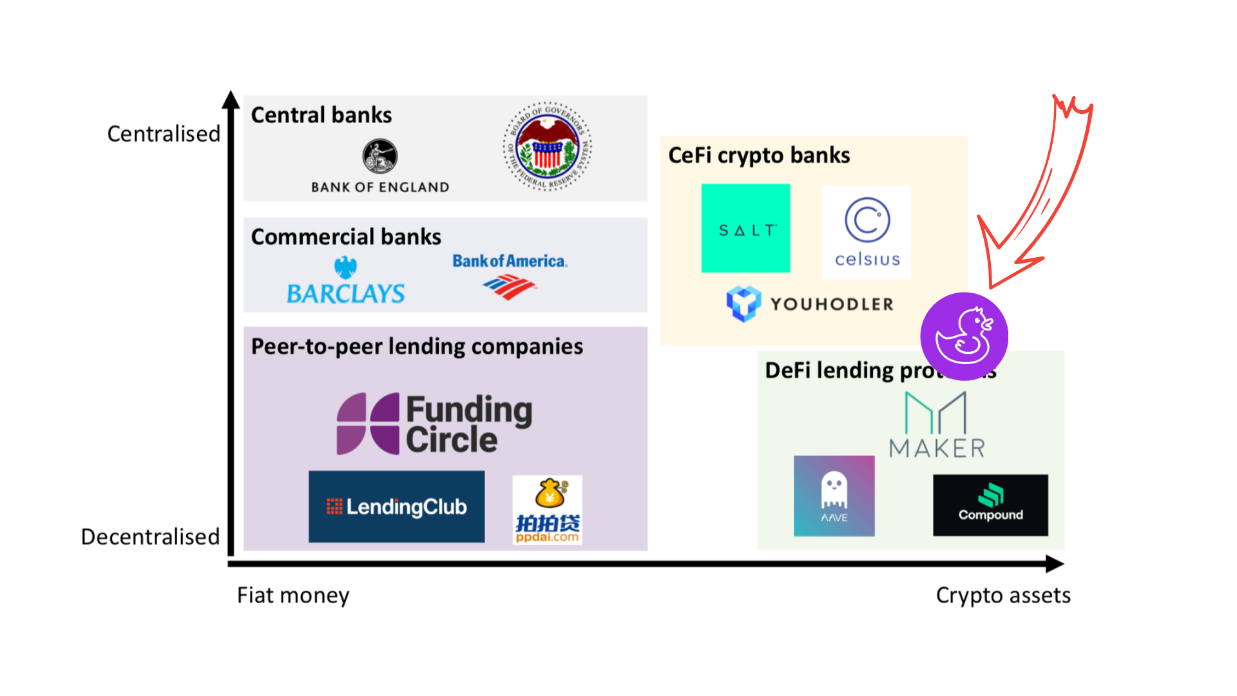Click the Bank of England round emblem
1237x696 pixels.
[x=379, y=156]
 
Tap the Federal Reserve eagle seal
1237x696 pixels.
[x=547, y=146]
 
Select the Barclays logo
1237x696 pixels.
[x=345, y=282]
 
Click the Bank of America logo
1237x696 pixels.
[x=510, y=276]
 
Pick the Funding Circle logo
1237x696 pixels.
[x=434, y=424]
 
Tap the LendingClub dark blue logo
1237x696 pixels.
[x=396, y=507]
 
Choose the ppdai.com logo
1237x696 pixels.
[x=548, y=510]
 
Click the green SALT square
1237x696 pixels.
[x=745, y=228]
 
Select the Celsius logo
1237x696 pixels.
[x=867, y=232]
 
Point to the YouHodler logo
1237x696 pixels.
[x=810, y=304]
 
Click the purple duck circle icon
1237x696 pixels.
[x=964, y=336]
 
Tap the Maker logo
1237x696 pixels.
[x=937, y=425]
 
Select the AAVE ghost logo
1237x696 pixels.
[x=834, y=496]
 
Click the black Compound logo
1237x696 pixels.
[x=990, y=505]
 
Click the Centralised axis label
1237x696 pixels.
[x=164, y=134]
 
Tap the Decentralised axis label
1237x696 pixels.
[x=150, y=537]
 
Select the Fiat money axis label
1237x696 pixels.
[x=293, y=595]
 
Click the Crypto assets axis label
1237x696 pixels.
[x=1003, y=595]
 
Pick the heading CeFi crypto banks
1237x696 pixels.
[x=759, y=155]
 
